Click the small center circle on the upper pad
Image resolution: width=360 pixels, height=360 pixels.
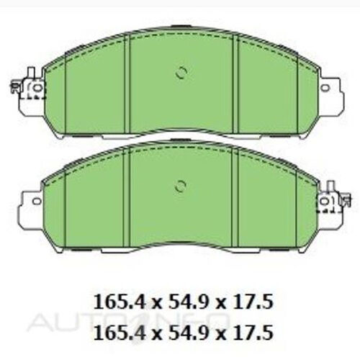tap(181, 73)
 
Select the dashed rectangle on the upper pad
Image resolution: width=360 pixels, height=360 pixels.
tap(32, 89)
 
